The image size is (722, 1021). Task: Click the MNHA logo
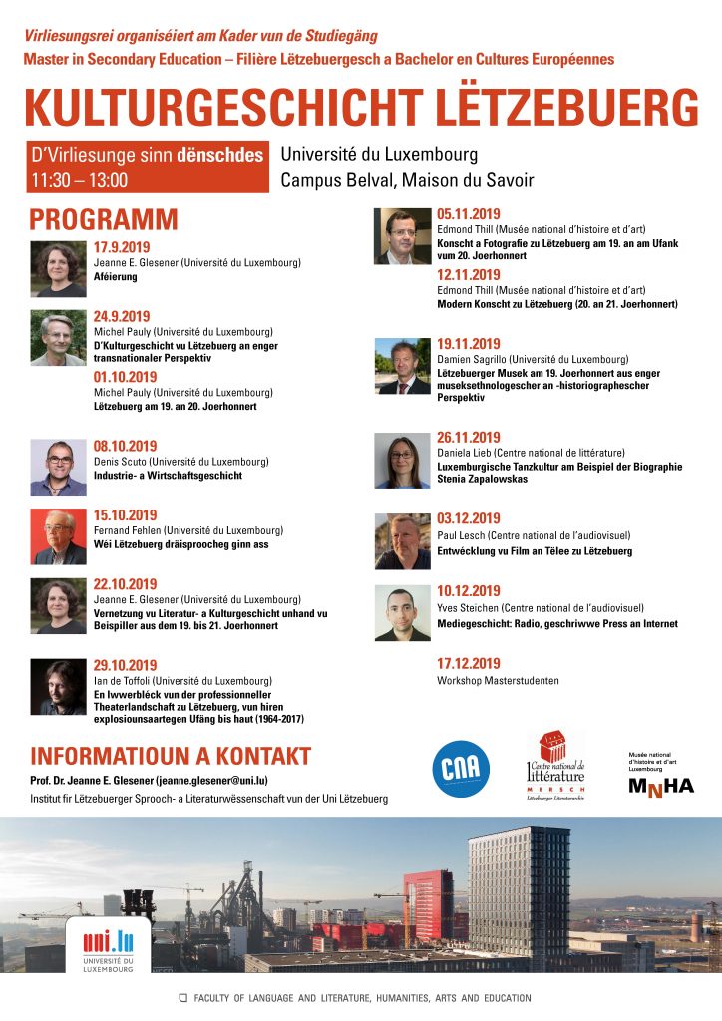(660, 786)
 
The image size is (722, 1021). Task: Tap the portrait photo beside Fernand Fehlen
(59, 537)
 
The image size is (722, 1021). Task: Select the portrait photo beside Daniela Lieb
(402, 460)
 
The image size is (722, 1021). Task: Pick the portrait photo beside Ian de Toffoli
(59, 687)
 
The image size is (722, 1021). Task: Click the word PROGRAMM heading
(104, 219)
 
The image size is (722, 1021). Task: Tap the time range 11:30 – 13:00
(80, 180)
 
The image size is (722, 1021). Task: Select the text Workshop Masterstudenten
(496, 681)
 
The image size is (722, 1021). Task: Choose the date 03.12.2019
(469, 518)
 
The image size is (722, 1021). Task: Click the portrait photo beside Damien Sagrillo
(402, 366)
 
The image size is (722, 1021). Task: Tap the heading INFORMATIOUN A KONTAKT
(171, 756)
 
